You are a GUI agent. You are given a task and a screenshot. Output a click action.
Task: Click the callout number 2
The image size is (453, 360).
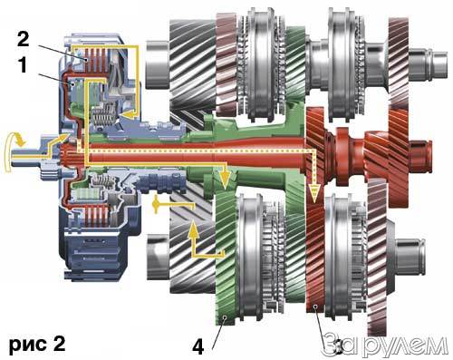pyautogui.click(x=24, y=39)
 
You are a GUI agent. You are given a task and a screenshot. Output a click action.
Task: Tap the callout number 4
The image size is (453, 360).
pyautogui.click(x=198, y=346)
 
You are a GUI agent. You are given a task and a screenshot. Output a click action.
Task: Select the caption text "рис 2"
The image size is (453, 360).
pyautogui.click(x=37, y=345)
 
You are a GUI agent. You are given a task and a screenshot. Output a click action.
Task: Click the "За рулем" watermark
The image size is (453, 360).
pyautogui.click(x=384, y=345)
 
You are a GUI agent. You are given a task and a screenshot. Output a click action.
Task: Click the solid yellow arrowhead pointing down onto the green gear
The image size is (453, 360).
pyautogui.click(x=225, y=180)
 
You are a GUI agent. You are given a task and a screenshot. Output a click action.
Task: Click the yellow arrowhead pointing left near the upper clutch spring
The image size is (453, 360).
pyautogui.click(x=128, y=114)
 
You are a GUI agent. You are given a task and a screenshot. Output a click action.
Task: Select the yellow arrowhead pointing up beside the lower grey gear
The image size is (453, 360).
pyautogui.click(x=194, y=229)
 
